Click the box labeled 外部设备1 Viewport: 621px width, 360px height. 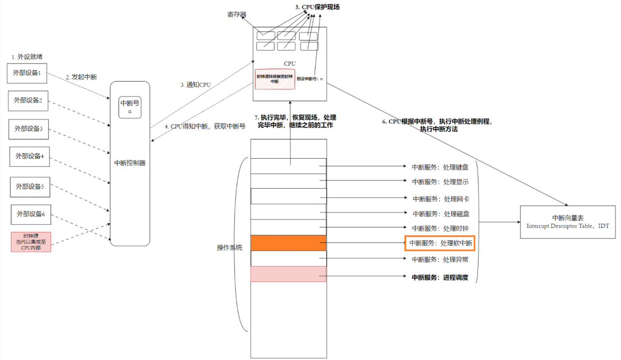[x=27, y=73]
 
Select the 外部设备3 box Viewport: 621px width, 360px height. [x=29, y=129]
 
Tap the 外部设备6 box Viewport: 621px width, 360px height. [x=31, y=214]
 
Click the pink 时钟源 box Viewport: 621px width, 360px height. [x=31, y=242]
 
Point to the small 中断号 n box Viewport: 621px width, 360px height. [x=130, y=107]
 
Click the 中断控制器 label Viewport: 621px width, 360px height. [x=130, y=163]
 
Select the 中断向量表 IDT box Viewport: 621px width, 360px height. [x=567, y=222]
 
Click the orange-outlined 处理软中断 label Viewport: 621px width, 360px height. [x=440, y=244]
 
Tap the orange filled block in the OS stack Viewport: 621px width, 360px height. [x=289, y=243]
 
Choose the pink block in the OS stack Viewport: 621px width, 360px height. [x=289, y=274]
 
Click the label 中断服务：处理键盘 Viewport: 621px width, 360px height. [x=440, y=167]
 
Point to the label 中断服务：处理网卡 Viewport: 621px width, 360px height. [x=440, y=199]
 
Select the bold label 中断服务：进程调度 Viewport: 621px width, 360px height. [x=440, y=278]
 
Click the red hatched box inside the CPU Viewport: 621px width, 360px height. [x=275, y=79]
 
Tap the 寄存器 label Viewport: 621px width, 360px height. [x=237, y=15]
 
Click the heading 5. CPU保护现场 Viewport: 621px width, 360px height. [x=317, y=7]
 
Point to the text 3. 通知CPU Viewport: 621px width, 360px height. [x=196, y=85]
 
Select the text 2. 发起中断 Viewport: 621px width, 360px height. [x=81, y=77]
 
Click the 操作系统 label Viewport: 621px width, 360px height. [x=229, y=247]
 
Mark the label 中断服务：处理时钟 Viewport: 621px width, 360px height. [x=440, y=228]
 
